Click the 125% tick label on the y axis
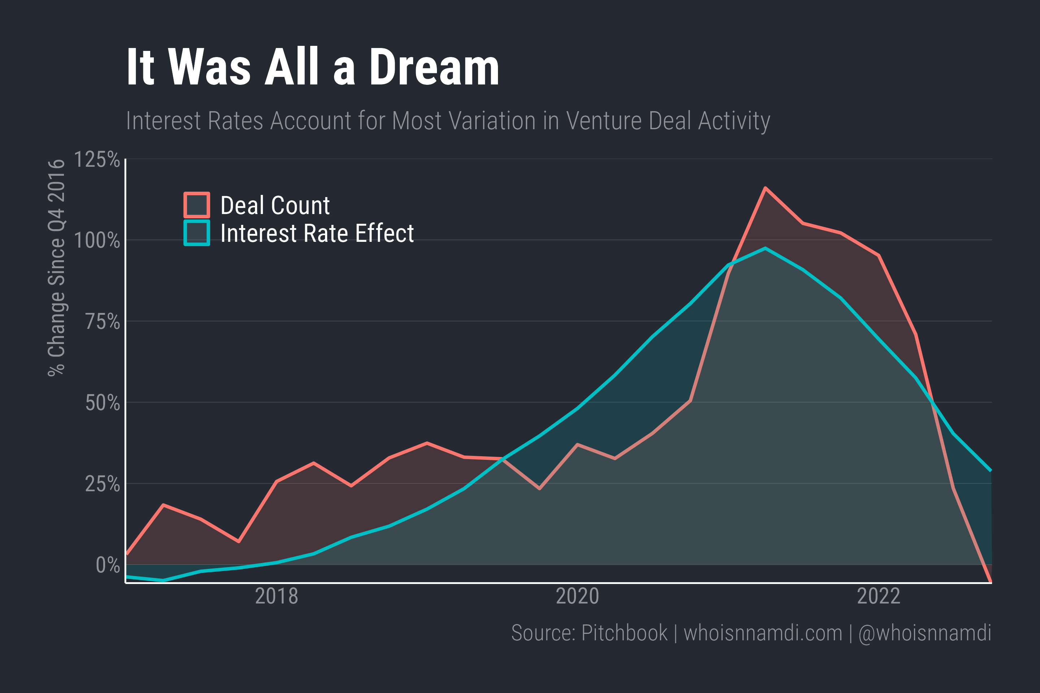[97, 160]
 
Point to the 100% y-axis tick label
[97, 241]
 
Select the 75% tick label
[102, 322]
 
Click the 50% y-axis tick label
[102, 403]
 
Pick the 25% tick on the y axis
[102, 484]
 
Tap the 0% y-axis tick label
[108, 565]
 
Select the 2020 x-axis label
[577, 596]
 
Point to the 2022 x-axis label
[879, 596]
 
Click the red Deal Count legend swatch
[197, 205]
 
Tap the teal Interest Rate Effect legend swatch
[197, 233]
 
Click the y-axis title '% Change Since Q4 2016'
[57, 268]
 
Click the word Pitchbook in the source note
[624, 633]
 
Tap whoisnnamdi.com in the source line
[763, 633]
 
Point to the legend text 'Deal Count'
[275, 205]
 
